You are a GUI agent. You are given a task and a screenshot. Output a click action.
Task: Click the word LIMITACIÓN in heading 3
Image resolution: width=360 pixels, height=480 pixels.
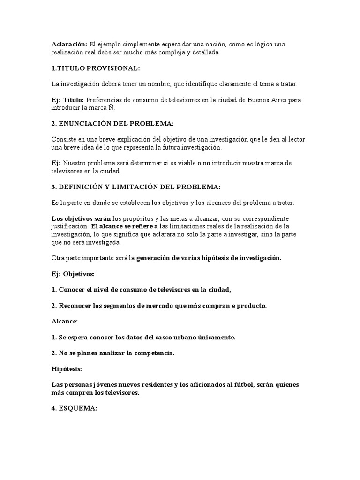coord(129,187)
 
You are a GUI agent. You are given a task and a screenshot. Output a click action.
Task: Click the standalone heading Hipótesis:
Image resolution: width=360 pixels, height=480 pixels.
coord(67,369)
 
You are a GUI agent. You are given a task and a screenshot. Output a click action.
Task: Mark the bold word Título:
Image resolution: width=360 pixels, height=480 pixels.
coord(74,99)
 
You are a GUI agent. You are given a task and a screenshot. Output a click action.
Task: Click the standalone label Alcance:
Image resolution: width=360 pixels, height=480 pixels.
coord(64,322)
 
